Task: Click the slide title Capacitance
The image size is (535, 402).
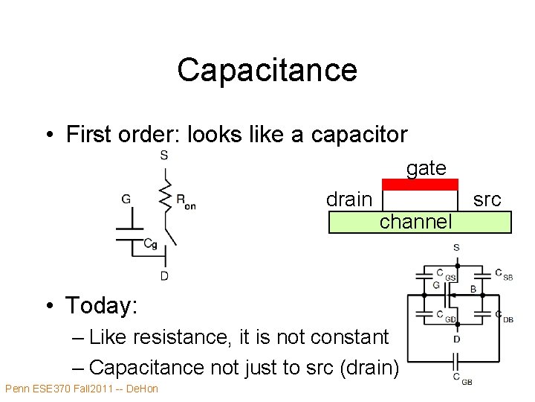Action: [x=267, y=70]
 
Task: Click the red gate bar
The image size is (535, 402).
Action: [x=420, y=185]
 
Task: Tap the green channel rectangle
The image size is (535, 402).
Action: [x=420, y=222]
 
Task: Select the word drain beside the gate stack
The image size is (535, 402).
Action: [x=349, y=200]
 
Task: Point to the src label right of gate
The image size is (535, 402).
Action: [x=487, y=200]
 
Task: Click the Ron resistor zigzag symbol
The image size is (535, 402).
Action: [x=166, y=197]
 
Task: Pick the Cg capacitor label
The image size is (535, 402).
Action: [x=150, y=243]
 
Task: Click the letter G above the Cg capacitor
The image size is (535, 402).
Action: [x=126, y=199]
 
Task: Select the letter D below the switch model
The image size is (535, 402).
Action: [x=164, y=276]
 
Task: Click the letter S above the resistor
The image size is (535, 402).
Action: [x=164, y=155]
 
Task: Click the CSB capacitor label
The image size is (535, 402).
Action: [x=504, y=275]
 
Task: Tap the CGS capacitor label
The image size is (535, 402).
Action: [x=447, y=275]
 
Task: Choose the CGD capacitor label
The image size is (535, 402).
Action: [x=447, y=316]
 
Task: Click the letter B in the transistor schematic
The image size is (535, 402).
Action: [x=473, y=289]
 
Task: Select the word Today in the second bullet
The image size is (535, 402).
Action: [x=101, y=305]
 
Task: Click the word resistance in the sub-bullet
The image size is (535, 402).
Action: [x=180, y=337]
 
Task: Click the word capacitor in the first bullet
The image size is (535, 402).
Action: [x=360, y=135]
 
